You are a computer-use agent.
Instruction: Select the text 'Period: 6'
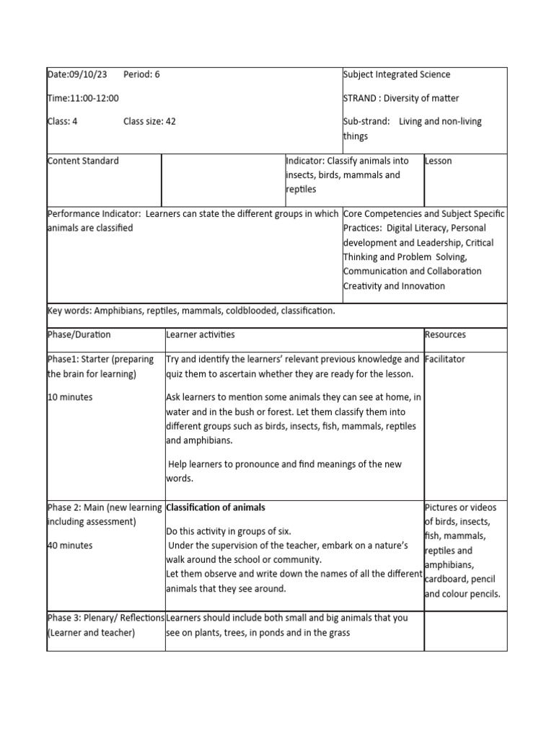coord(141,74)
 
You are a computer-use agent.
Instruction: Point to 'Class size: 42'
coord(149,121)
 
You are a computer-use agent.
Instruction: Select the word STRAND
coord(361,98)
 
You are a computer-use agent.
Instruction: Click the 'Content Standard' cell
coord(83,161)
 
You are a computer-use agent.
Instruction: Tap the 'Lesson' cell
coord(439,161)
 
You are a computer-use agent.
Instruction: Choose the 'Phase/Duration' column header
coord(79,334)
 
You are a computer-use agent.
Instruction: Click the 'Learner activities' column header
coord(201,334)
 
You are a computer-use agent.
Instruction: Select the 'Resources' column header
coord(445,334)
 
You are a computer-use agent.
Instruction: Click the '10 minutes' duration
coord(70,397)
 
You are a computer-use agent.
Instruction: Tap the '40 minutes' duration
coord(70,546)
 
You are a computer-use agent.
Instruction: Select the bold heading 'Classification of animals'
coord(216,507)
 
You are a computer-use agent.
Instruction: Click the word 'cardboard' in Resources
coord(448,579)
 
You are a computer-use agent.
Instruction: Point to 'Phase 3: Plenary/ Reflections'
coord(105,618)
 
